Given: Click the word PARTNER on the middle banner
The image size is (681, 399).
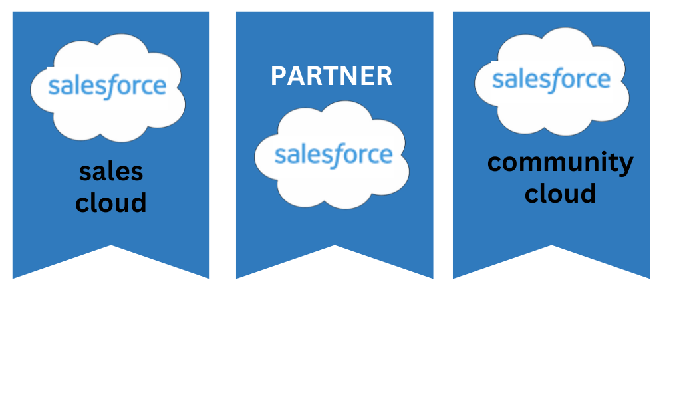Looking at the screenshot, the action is (331, 76).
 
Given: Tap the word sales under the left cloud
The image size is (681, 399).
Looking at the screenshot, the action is (111, 172).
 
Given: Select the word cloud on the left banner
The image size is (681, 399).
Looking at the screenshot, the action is (111, 202).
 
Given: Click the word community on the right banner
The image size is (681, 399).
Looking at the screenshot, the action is (560, 163).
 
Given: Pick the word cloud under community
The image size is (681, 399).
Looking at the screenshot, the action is (560, 193).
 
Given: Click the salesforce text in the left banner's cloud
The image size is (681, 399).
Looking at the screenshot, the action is (107, 86).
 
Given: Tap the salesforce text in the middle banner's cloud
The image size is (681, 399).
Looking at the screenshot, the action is (334, 155).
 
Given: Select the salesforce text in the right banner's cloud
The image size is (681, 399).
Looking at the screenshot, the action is (551, 80).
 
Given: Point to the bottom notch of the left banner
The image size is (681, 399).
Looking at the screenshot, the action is (111, 245).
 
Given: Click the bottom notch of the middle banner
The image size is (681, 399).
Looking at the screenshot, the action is (335, 245).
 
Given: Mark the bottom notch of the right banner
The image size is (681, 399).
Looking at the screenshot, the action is (551, 245).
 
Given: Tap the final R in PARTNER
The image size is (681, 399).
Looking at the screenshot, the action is (384, 76).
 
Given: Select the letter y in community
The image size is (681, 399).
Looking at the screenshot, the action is (625, 165).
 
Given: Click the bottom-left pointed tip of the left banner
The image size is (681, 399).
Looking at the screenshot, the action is (13, 278).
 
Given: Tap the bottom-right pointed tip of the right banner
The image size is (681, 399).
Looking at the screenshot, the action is (649, 278).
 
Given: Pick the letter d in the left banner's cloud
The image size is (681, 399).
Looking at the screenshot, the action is (138, 202).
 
